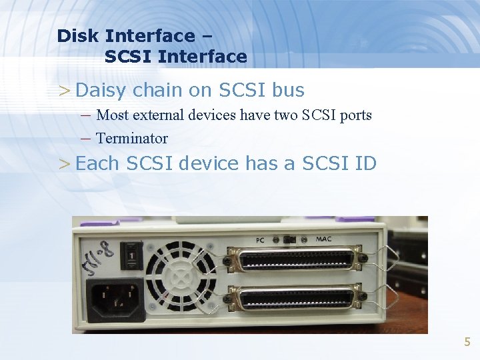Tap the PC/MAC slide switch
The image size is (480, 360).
(x=291, y=239)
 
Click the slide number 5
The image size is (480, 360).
(x=467, y=342)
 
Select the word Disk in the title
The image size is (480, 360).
(x=78, y=36)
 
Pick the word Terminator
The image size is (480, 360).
(x=132, y=139)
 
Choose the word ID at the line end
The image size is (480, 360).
(x=365, y=163)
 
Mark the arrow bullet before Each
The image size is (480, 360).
(x=64, y=163)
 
